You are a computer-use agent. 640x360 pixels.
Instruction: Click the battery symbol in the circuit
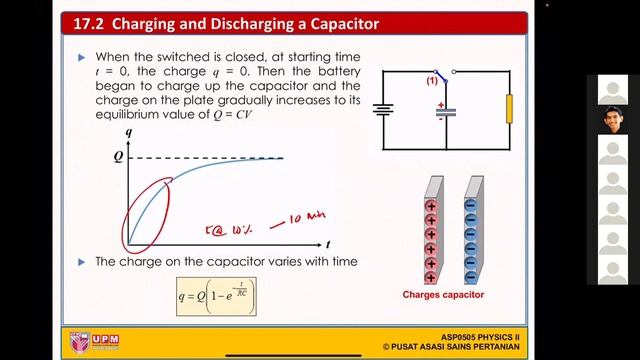click(382, 109)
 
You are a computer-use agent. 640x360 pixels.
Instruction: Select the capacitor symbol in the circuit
click(441, 112)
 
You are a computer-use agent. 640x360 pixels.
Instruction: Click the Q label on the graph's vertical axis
click(117, 157)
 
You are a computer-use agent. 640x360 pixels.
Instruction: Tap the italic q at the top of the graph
click(128, 131)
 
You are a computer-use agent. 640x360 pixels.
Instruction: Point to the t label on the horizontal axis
click(328, 244)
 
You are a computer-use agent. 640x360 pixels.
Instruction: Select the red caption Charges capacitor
click(443, 295)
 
